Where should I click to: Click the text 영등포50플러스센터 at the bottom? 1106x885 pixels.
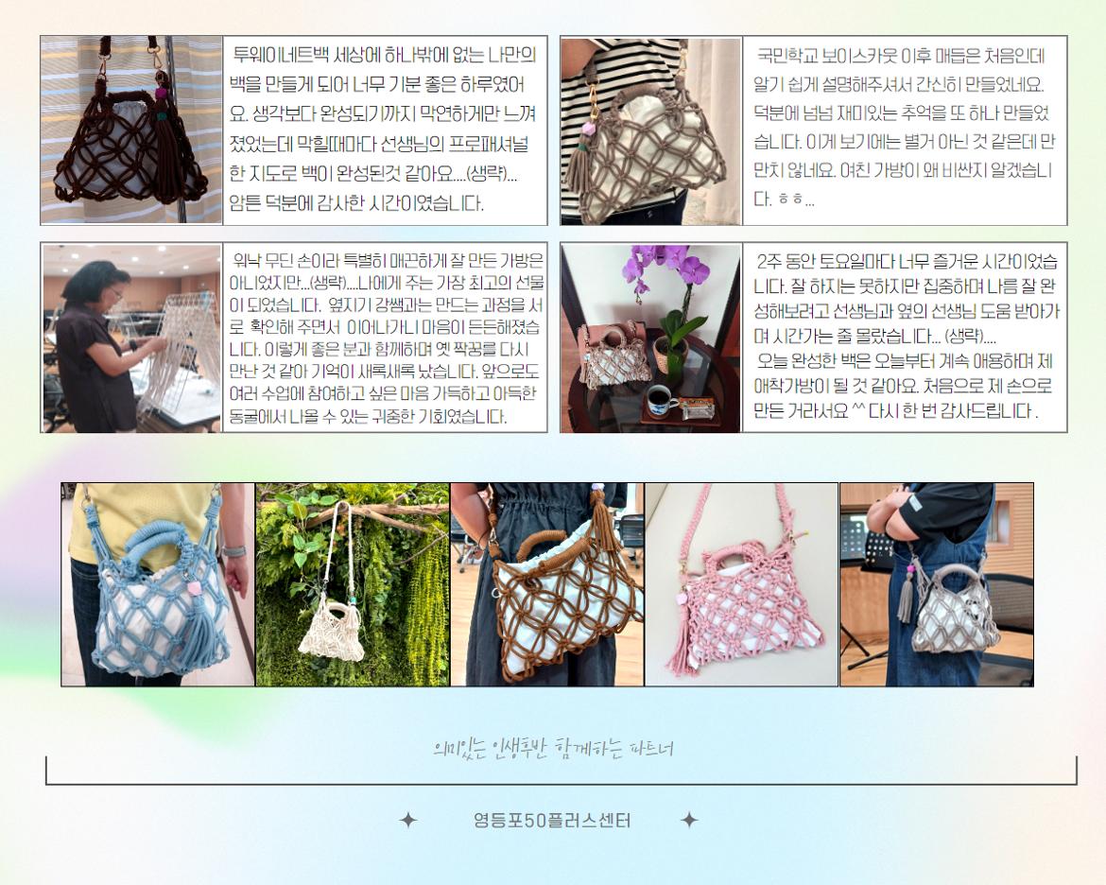click(551, 821)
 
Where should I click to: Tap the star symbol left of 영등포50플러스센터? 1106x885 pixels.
click(407, 820)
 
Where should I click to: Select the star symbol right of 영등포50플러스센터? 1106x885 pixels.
click(689, 820)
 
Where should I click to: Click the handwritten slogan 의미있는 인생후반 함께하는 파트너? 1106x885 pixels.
click(552, 748)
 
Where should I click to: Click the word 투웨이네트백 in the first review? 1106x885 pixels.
click(270, 53)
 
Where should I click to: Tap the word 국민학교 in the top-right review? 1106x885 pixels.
click(785, 55)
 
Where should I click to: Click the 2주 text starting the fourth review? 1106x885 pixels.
click(768, 260)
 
